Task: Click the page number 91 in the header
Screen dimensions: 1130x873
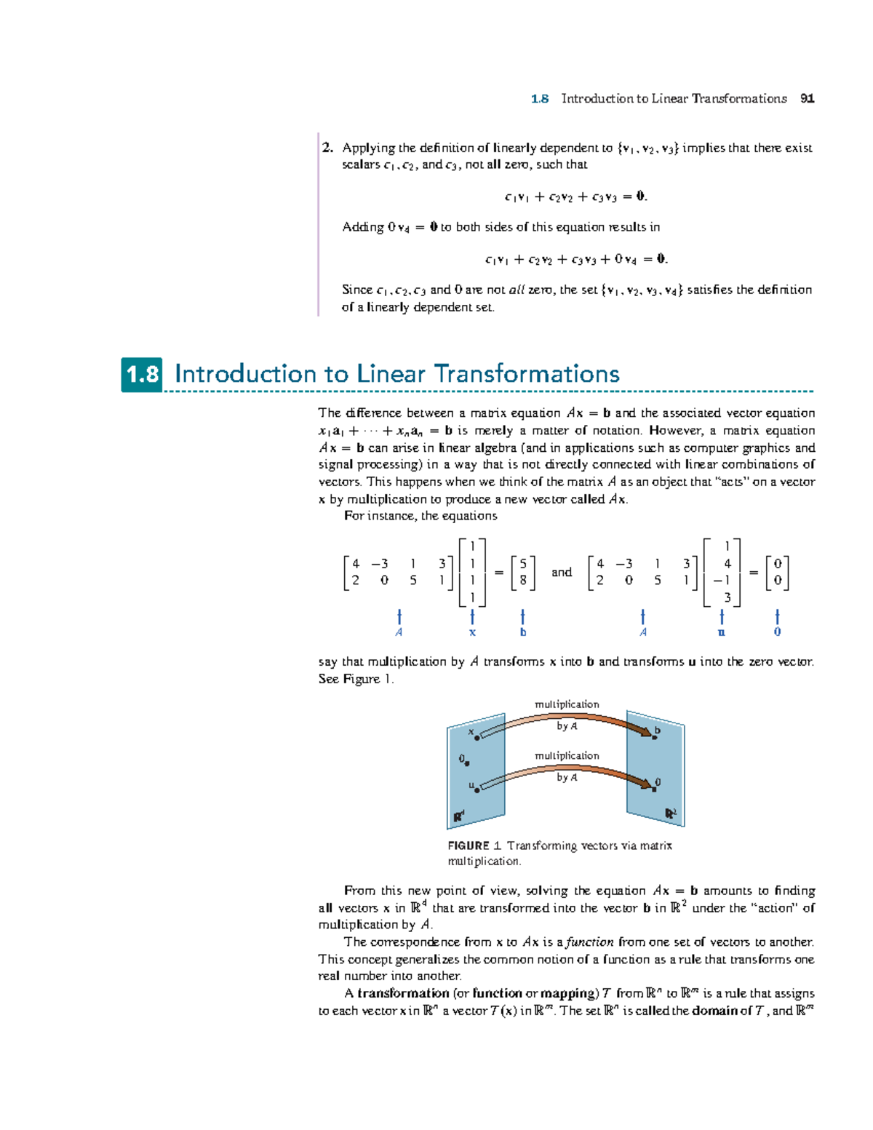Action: (x=807, y=99)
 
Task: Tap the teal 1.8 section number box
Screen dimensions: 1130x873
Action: (x=142, y=375)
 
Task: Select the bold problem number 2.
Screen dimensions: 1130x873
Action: (x=327, y=148)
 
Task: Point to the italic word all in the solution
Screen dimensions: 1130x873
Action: (x=517, y=290)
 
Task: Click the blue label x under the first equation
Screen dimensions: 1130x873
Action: (x=473, y=632)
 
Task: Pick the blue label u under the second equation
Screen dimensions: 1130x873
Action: (x=721, y=632)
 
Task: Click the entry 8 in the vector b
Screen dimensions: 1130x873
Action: (x=523, y=581)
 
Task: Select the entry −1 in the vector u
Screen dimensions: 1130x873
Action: (x=722, y=581)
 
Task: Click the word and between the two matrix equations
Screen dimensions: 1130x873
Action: (x=562, y=573)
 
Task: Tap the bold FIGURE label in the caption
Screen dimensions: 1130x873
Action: (x=469, y=845)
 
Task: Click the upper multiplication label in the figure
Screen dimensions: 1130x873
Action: (x=567, y=704)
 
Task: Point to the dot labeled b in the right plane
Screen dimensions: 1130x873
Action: (x=654, y=738)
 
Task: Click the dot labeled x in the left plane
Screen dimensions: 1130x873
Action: (x=477, y=738)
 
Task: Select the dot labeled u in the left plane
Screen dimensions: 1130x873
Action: (x=477, y=789)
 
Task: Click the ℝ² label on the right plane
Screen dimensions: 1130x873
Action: (x=671, y=813)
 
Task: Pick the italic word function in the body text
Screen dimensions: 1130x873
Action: (x=590, y=942)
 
